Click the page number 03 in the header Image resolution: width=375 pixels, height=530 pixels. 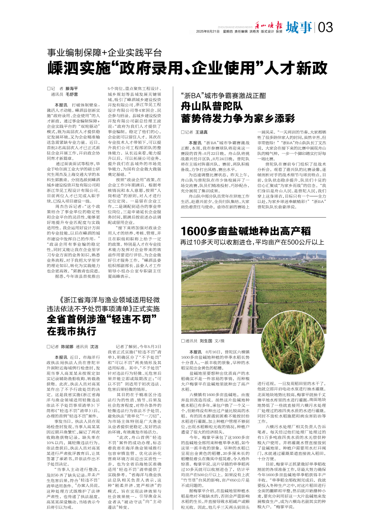pyautogui.click(x=325, y=28)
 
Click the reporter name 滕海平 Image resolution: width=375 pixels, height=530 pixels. pyautogui.click(x=71, y=89)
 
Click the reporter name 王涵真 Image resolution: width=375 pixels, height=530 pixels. pyautogui.click(x=203, y=132)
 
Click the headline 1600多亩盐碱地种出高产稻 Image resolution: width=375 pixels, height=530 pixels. pyautogui.click(x=246, y=231)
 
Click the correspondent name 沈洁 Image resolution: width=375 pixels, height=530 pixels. pyautogui.click(x=94, y=346)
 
